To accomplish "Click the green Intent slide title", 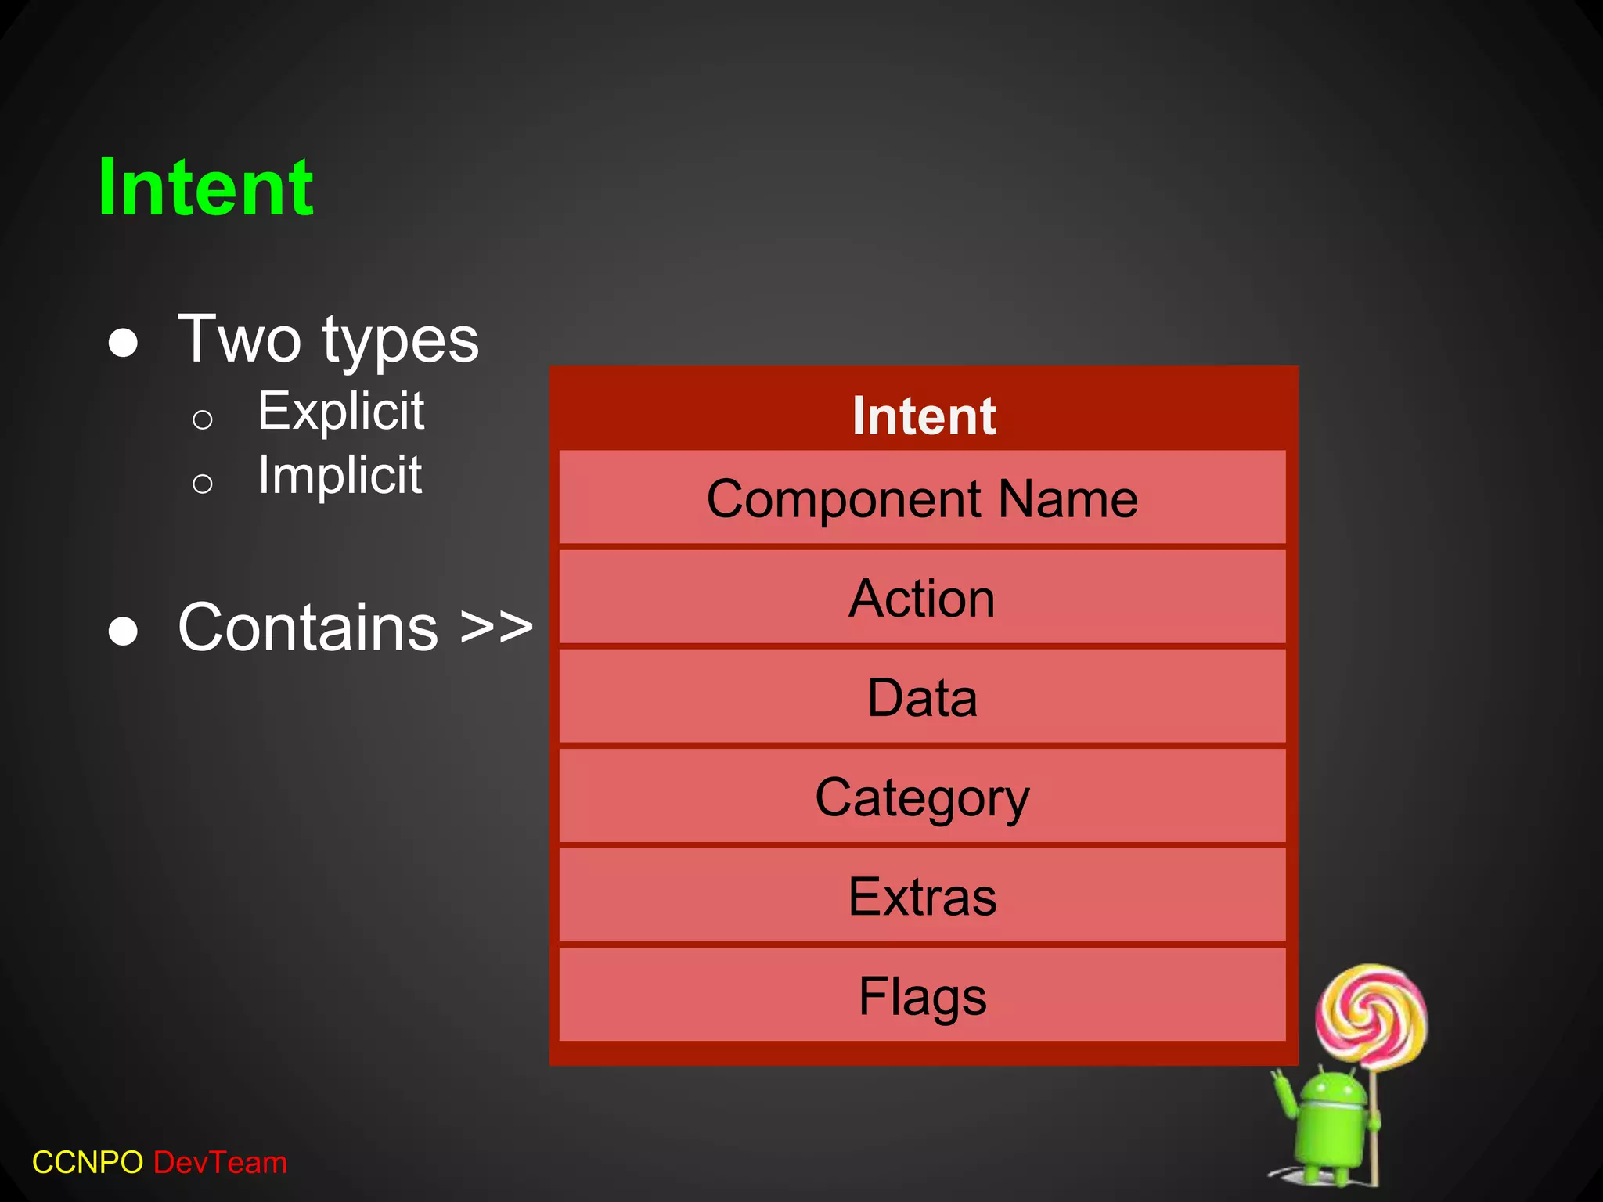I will pyautogui.click(x=205, y=188).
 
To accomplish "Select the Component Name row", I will pyautogui.click(x=922, y=498).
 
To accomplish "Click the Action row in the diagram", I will pyautogui.click(x=922, y=598).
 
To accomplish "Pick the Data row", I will pyautogui.click(x=922, y=697).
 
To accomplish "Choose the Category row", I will pyautogui.click(x=922, y=797).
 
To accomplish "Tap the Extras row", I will pyautogui.click(x=922, y=896).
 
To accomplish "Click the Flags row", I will pyautogui.click(x=922, y=995).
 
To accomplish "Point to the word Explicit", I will pyautogui.click(x=340, y=411).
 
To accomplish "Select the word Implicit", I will pyautogui.click(x=340, y=475).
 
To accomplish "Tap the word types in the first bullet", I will pyautogui.click(x=400, y=342).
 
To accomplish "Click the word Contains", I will pyautogui.click(x=308, y=627).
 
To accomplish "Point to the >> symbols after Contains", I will pyautogui.click(x=496, y=627).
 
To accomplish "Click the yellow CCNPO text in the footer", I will pyautogui.click(x=88, y=1162).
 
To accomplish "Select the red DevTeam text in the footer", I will pyautogui.click(x=220, y=1162).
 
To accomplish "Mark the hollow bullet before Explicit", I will pyautogui.click(x=202, y=420).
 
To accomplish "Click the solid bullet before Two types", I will pyautogui.click(x=123, y=343).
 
